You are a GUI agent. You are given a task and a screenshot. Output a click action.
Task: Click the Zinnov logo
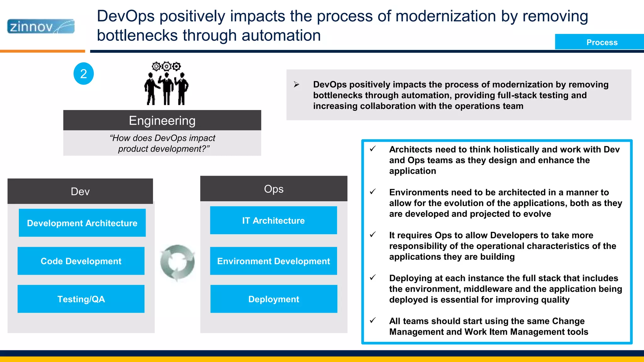41,26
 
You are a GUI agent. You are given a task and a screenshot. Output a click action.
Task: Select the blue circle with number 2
84,74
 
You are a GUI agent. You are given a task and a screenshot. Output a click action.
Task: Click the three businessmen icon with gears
166,84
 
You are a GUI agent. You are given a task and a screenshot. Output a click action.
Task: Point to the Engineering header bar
162,120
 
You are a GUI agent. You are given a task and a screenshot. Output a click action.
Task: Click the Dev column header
80,191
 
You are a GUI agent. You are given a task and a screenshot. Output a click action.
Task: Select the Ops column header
274,189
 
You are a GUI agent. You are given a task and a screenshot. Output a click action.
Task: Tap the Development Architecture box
82,223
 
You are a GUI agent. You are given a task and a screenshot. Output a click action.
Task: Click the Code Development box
81,261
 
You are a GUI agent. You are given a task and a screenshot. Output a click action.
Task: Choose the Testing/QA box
81,299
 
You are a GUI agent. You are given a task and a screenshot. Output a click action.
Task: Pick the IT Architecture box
273,220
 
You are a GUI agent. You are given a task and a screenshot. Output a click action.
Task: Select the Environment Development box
273,261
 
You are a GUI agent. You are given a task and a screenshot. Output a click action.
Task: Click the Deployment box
274,299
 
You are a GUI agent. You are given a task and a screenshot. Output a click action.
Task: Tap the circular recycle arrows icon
177,262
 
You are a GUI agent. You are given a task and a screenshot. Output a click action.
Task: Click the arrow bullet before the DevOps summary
296,85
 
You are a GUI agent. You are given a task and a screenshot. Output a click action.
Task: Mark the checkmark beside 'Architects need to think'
373,149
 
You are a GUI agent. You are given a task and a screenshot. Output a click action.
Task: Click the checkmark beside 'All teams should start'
373,320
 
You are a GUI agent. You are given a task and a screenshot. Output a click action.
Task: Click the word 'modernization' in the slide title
446,16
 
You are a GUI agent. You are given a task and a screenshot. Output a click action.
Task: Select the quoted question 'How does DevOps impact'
162,138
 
